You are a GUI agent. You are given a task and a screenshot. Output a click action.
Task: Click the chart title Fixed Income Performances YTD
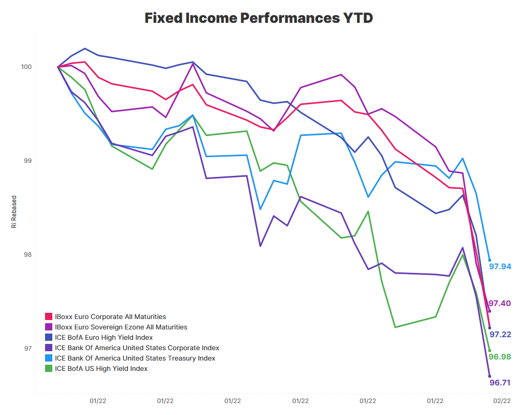(258, 18)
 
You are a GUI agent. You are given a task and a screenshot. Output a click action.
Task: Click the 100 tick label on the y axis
(26, 67)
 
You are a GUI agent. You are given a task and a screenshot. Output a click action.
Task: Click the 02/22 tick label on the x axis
(502, 400)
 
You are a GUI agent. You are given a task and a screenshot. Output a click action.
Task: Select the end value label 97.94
(500, 267)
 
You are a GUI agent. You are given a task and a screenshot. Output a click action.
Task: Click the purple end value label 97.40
(500, 303)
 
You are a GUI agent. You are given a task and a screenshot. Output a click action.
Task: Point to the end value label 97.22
(500, 335)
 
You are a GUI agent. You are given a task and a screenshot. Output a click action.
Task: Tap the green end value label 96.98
(500, 357)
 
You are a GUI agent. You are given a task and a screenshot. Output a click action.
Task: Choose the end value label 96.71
(500, 383)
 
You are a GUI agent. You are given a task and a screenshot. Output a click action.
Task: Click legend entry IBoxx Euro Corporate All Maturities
(110, 316)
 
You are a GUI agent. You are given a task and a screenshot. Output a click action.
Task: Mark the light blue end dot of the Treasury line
(490, 260)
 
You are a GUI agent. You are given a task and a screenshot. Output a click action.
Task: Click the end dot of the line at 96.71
(490, 376)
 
